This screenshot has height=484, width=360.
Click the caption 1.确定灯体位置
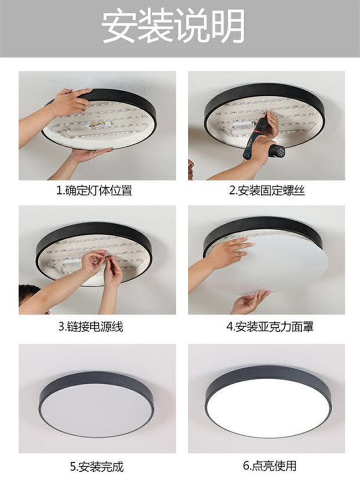click(x=94, y=191)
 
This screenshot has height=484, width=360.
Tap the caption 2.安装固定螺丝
click(x=267, y=191)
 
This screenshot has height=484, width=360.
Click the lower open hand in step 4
click(x=250, y=302)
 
